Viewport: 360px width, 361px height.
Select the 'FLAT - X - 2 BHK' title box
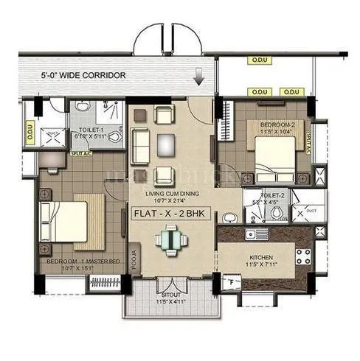170,214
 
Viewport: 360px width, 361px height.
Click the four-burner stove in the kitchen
302,256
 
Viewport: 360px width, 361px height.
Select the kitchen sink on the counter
259,234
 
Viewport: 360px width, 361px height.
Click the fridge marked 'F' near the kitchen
231,281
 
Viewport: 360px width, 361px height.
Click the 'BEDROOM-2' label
277,125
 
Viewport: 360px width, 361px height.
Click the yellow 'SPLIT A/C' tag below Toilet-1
80,153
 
